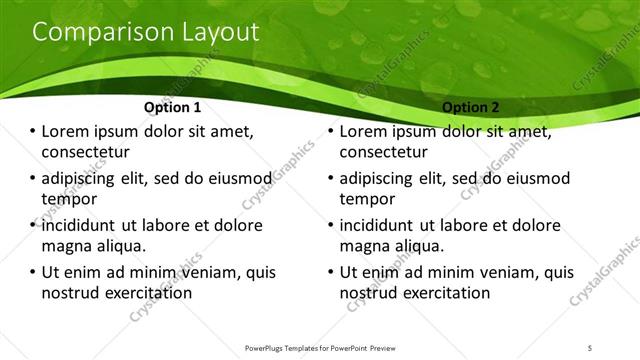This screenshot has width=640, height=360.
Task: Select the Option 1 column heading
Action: (x=172, y=106)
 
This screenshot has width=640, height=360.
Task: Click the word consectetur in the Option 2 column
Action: (x=384, y=152)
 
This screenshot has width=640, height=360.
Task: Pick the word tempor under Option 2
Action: (x=368, y=199)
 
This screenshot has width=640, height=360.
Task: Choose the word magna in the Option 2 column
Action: (x=365, y=245)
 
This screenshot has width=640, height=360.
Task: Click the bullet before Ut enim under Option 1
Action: (x=32, y=272)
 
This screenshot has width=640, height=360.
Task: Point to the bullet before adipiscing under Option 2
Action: (x=330, y=179)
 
